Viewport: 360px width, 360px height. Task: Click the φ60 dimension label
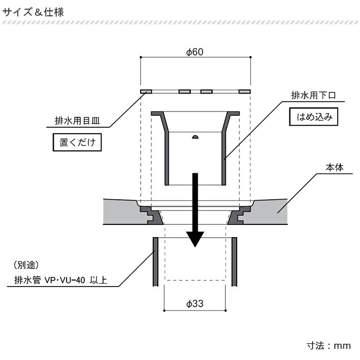pyautogui.click(x=195, y=53)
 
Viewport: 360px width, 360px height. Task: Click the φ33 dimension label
pyautogui.click(x=195, y=304)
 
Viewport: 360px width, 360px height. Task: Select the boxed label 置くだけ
pyautogui.click(x=77, y=144)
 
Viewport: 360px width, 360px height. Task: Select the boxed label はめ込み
pyautogui.click(x=314, y=118)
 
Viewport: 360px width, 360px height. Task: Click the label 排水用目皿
pyautogui.click(x=76, y=120)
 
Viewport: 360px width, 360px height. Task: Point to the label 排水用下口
pyautogui.click(x=313, y=95)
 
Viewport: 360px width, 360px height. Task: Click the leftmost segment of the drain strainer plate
pyautogui.click(x=146, y=92)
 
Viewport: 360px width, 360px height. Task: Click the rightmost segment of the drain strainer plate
pyautogui.click(x=245, y=92)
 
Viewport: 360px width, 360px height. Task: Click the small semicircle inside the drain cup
pyautogui.click(x=195, y=136)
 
